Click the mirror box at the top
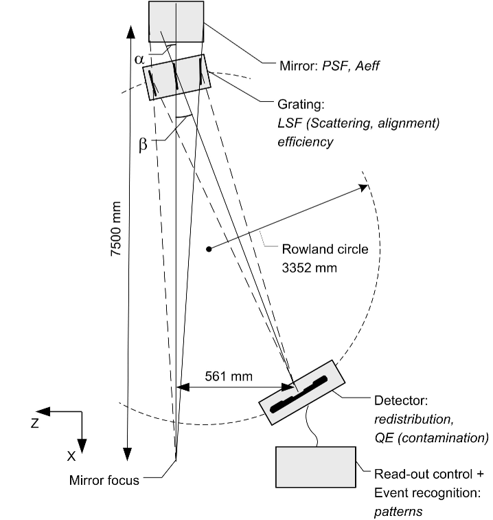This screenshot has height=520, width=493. click(176, 21)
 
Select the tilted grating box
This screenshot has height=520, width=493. click(177, 77)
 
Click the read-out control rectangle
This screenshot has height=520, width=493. click(316, 466)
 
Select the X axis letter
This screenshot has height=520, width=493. click(72, 455)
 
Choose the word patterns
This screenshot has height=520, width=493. click(397, 511)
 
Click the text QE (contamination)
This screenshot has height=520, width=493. click(431, 437)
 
